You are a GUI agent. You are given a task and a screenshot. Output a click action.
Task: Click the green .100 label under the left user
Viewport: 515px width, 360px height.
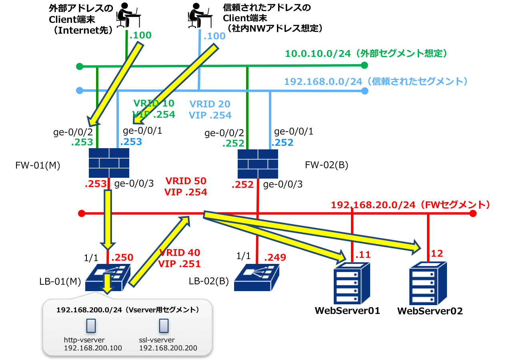pyautogui.click(x=140, y=35)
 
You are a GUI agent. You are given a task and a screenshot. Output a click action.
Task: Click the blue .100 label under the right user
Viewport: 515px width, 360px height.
pyautogui.click(x=214, y=36)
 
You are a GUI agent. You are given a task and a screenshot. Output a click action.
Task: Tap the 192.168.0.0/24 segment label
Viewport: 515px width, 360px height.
pyautogui.click(x=376, y=82)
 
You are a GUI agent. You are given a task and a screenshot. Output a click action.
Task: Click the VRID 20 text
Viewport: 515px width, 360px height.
pyautogui.click(x=210, y=104)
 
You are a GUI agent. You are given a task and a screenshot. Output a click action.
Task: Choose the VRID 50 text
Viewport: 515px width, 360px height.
pyautogui.click(x=186, y=181)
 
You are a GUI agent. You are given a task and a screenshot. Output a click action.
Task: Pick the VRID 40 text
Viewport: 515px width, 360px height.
pyautogui.click(x=180, y=253)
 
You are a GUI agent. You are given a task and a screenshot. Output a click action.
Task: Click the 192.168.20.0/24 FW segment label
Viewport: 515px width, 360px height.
pyautogui.click(x=410, y=205)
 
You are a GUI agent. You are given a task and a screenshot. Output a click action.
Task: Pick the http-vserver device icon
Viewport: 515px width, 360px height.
pyautogui.click(x=91, y=326)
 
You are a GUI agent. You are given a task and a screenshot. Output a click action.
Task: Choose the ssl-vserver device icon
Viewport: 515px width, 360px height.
pyautogui.click(x=164, y=326)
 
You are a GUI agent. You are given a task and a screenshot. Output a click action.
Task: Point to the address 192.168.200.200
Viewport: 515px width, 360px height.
pyautogui.click(x=168, y=348)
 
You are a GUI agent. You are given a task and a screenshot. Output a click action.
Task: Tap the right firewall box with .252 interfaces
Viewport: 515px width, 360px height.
pyautogui.click(x=258, y=164)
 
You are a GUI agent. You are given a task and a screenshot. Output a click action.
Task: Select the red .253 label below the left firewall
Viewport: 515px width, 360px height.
pyautogui.click(x=95, y=184)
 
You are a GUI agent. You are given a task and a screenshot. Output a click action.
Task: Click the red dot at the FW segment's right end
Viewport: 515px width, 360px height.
pyautogui.click(x=473, y=213)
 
